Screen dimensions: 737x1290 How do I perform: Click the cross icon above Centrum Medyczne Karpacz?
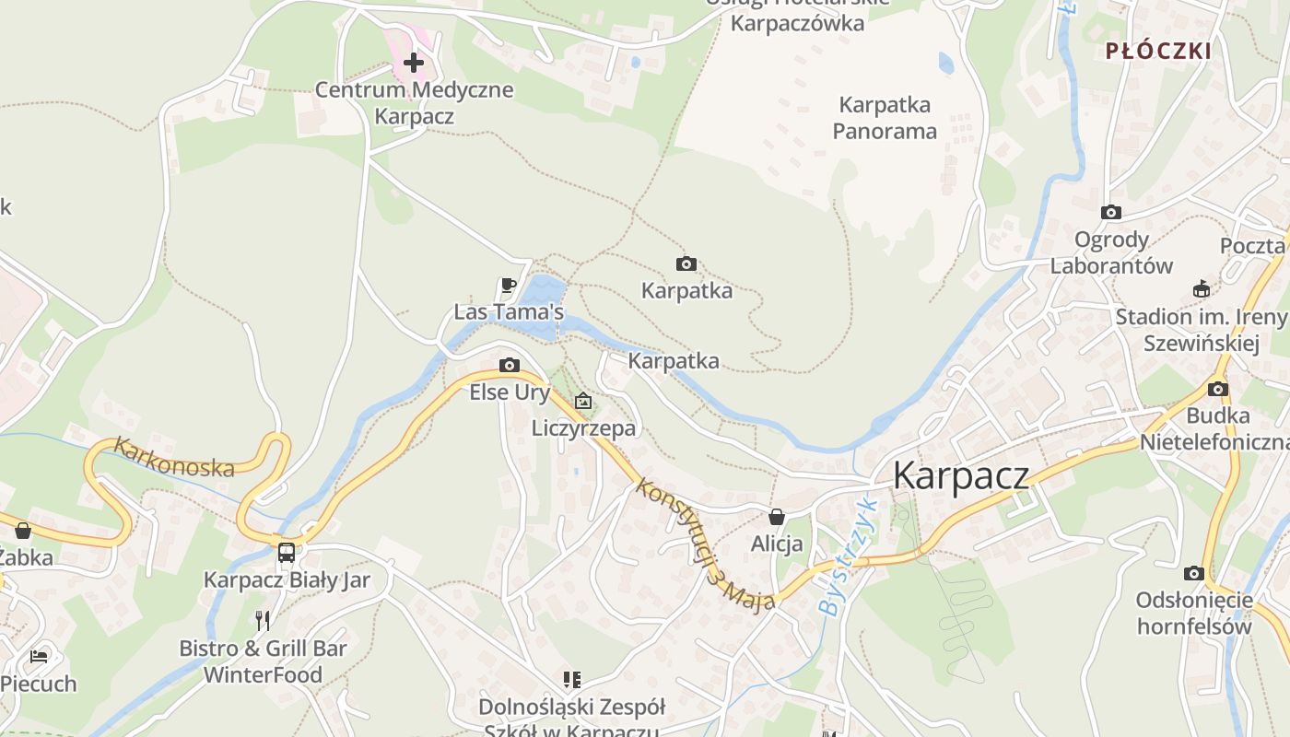(414, 63)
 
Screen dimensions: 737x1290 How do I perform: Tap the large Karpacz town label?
(961, 475)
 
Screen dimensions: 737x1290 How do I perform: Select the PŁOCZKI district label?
(1158, 52)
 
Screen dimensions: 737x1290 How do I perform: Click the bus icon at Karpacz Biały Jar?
(287, 552)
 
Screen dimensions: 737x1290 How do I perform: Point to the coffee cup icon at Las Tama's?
(507, 285)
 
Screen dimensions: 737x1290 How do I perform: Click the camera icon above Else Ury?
(510, 366)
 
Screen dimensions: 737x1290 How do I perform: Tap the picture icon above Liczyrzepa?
(582, 401)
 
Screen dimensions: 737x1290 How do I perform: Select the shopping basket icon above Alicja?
(777, 517)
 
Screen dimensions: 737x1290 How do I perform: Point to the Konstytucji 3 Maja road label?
(704, 544)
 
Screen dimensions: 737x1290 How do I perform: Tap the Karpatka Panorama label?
(885, 118)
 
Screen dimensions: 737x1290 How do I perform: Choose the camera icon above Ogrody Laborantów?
(1111, 213)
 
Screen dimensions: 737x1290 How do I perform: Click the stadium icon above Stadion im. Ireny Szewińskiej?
(1201, 289)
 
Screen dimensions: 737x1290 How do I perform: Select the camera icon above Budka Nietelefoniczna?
(1217, 389)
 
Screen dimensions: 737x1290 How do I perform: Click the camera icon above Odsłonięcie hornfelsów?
(1193, 573)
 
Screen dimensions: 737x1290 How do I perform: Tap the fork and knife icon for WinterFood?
(263, 620)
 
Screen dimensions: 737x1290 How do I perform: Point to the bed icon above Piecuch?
(39, 657)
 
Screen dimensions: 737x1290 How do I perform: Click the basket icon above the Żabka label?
(23, 531)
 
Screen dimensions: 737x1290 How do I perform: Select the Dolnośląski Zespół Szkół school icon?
(572, 680)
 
